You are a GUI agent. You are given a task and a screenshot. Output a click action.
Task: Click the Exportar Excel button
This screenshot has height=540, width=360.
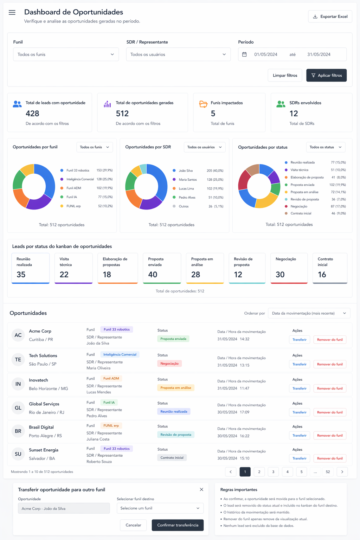(330, 17)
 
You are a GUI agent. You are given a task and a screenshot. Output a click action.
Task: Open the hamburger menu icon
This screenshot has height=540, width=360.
(12, 12)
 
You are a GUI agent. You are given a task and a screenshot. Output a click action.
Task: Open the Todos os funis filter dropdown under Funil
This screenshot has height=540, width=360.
(66, 54)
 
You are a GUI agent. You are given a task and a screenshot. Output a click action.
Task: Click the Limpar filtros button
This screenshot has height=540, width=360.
(285, 76)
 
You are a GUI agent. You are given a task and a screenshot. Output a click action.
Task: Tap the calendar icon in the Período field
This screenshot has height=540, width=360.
(244, 54)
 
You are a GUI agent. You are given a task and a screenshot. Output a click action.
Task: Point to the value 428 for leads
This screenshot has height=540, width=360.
(32, 114)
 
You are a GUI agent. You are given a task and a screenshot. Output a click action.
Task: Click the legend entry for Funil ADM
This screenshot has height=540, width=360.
(86, 188)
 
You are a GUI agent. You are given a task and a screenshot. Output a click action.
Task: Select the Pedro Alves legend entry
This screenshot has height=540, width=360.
(198, 198)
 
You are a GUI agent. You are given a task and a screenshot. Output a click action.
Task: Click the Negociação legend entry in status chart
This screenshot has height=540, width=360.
(315, 206)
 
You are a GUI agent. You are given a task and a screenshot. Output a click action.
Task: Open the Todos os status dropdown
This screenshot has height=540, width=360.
(326, 147)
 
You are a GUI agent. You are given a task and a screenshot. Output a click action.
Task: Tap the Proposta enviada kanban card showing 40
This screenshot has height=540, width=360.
(162, 268)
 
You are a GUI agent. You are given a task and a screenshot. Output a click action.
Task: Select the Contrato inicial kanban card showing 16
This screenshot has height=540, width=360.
(330, 268)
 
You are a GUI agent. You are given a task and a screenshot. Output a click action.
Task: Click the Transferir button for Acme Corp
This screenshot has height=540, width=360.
(300, 340)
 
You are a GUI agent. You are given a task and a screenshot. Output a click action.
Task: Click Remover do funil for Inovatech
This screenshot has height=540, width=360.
(330, 388)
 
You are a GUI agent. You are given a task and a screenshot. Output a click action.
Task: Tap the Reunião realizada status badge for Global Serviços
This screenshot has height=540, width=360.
(174, 412)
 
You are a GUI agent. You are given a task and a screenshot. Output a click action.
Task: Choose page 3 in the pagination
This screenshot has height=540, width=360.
(273, 472)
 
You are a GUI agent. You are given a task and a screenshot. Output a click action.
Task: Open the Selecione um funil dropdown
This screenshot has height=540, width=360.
(160, 508)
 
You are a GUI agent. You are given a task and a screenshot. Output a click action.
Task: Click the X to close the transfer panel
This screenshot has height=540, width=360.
(201, 489)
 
